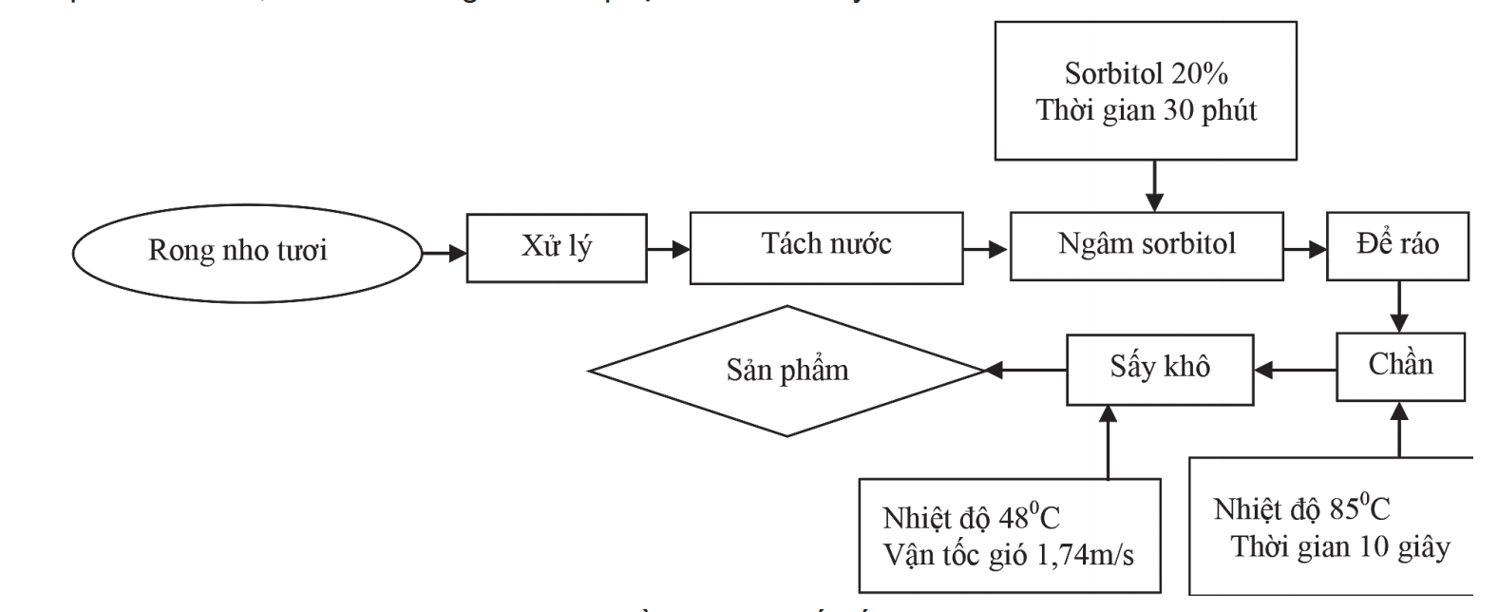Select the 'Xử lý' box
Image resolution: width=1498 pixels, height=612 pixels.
556,248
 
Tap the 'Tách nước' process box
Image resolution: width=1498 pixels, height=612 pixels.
825,247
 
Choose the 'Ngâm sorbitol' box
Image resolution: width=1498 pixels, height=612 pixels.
1147,246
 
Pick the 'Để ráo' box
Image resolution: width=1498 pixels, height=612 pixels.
1396,245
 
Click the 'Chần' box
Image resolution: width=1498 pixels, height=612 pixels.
1400,366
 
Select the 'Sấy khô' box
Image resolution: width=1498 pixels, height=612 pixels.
1159,369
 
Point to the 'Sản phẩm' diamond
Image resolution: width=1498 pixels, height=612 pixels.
787,371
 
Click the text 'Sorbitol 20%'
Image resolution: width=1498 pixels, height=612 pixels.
1145,74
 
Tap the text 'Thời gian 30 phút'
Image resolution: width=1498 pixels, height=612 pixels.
1146,111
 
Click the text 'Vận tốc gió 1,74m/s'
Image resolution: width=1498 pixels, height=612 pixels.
1008,555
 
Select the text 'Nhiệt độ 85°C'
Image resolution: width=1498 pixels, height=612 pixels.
1301,509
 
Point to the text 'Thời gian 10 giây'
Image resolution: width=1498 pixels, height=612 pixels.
1340,548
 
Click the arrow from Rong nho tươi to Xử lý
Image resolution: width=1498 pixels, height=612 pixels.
444,253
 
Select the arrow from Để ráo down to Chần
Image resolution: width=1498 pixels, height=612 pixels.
1398,306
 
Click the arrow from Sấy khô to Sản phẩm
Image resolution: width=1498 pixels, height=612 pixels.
1026,371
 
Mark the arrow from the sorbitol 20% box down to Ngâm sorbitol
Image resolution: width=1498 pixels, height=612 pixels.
1153,185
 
